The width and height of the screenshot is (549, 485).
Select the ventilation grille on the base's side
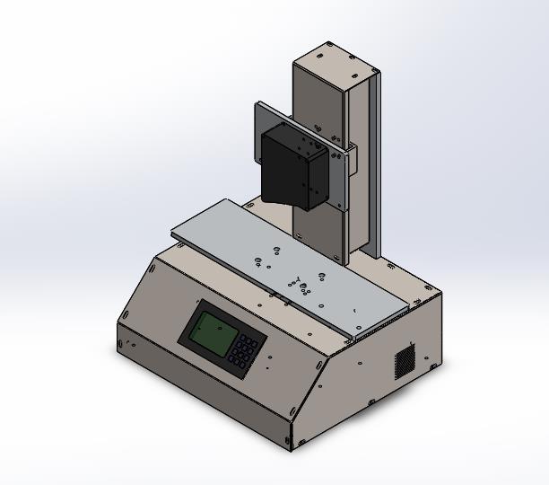point(405,361)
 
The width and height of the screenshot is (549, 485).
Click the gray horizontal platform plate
point(296,265)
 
